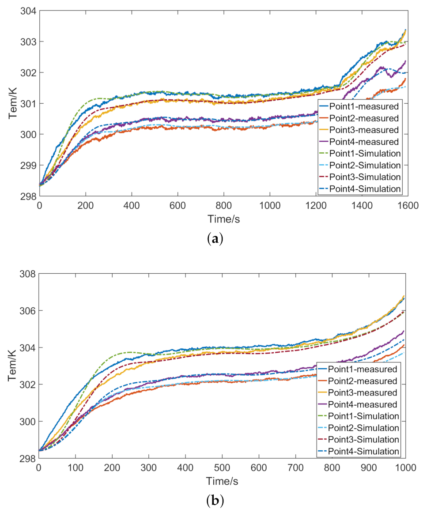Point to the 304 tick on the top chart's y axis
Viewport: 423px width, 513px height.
click(28, 11)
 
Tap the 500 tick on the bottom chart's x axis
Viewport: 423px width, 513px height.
click(222, 468)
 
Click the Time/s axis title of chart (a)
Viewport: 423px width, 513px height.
click(223, 219)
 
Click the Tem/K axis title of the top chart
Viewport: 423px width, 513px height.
click(14, 103)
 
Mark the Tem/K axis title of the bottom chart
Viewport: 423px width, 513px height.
click(14, 366)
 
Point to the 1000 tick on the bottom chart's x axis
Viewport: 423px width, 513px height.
click(405, 468)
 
